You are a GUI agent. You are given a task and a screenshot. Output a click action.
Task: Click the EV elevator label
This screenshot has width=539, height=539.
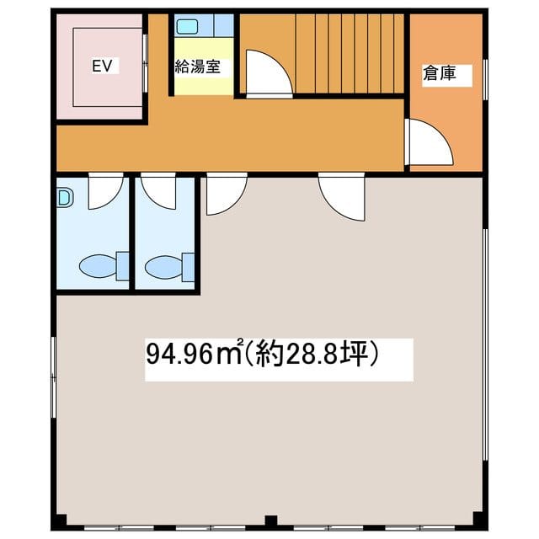(x=102, y=66)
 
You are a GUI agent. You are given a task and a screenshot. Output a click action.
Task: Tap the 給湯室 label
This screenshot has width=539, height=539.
(x=198, y=67)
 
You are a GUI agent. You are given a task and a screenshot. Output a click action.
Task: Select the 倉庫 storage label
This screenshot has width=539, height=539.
(x=440, y=73)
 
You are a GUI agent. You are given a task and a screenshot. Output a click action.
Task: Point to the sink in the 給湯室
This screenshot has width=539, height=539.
(x=187, y=26)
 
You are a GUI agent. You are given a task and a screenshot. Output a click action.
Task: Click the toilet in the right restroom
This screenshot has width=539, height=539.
(x=169, y=267)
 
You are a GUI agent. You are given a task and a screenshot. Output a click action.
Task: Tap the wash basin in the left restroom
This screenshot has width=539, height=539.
(x=65, y=198)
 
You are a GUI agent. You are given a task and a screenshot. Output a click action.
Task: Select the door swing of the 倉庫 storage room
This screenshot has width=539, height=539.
(x=429, y=141)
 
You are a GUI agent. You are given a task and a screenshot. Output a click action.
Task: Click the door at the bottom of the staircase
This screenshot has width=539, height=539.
(x=269, y=74)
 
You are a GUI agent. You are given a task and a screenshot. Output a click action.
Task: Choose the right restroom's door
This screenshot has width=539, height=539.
(x=158, y=191)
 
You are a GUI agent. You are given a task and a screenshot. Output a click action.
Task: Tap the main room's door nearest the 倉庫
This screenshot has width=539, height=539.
(x=342, y=196)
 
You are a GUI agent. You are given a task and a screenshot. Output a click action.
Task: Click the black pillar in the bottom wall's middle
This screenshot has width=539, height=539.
(x=271, y=520)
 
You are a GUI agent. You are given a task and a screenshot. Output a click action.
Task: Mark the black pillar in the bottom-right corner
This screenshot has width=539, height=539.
(x=478, y=519)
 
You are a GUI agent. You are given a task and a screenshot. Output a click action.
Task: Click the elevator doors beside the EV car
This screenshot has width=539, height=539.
(x=145, y=63)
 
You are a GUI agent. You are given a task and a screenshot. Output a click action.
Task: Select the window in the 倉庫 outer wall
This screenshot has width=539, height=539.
(x=485, y=80)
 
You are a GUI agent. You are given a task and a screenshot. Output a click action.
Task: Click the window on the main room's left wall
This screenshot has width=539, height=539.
(x=54, y=377)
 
